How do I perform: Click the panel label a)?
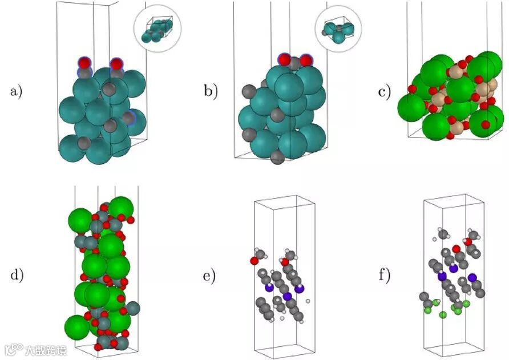pyautogui.click(x=16, y=91)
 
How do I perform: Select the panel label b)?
pyautogui.click(x=212, y=91)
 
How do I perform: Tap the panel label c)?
pyautogui.click(x=385, y=91)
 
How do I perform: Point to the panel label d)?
pyautogui.click(x=16, y=275)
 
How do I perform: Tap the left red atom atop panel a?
pyautogui.click(x=84, y=62)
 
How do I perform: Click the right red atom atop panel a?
pyautogui.click(x=116, y=63)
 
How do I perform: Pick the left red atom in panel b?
pyautogui.click(x=284, y=59)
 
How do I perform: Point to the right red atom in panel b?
pyautogui.click(x=306, y=60)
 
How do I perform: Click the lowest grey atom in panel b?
pyautogui.click(x=277, y=157)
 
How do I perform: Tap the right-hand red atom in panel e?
pyautogui.click(x=284, y=262)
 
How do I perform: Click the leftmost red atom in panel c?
pyautogui.click(x=410, y=88)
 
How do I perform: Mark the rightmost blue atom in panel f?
pyautogui.click(x=473, y=278)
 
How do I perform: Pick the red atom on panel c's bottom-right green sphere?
pyautogui.click(x=486, y=124)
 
